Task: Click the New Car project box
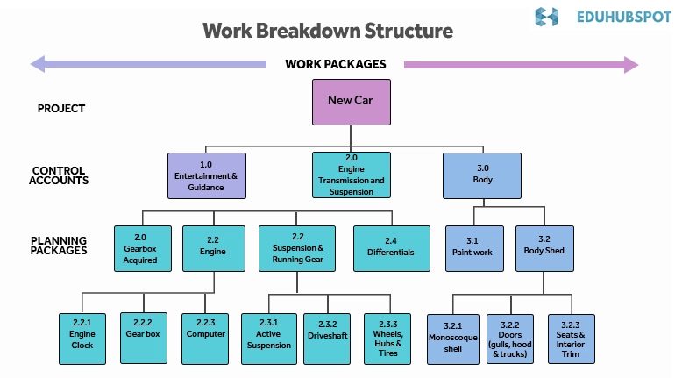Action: pos(352,102)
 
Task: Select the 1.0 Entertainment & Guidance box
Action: pos(207,175)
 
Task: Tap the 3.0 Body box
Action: pos(482,175)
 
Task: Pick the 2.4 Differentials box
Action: pos(391,248)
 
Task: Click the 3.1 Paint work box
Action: pos(472,248)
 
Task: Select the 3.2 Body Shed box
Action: pos(544,248)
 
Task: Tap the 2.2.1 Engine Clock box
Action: pos(82,339)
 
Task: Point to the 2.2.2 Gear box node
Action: pos(144,339)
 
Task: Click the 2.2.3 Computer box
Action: pos(206,339)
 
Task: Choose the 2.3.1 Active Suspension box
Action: pos(268,339)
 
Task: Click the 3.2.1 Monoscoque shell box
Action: pos(453,339)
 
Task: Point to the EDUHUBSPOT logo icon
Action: pos(546,16)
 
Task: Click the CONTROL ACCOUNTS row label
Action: pos(59,175)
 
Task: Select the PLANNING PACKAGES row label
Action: pos(59,246)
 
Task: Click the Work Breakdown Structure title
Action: pos(328,31)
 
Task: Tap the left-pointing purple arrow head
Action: pos(37,64)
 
